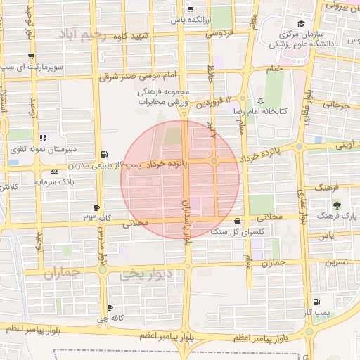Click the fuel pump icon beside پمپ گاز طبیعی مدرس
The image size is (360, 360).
105,154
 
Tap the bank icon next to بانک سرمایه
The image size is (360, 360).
55,172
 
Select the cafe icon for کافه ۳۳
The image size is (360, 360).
96,207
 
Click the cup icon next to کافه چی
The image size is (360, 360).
110,307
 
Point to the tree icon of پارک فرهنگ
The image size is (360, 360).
337,206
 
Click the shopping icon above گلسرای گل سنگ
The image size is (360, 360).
244,221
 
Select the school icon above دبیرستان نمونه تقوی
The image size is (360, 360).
42,139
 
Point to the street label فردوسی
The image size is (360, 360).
218,33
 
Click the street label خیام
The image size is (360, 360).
274,68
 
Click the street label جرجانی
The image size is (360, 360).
336,106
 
